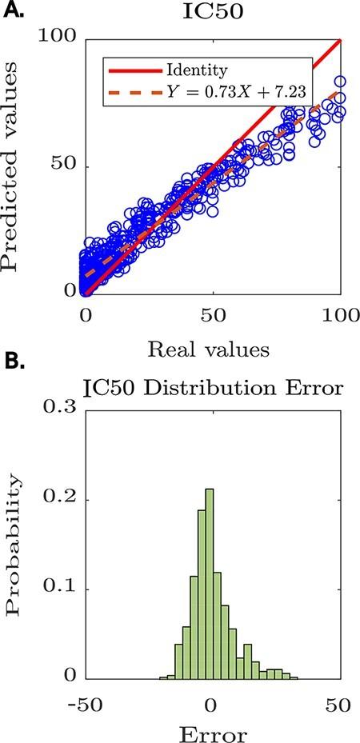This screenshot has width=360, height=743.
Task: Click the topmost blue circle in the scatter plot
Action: pyautogui.click(x=340, y=82)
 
